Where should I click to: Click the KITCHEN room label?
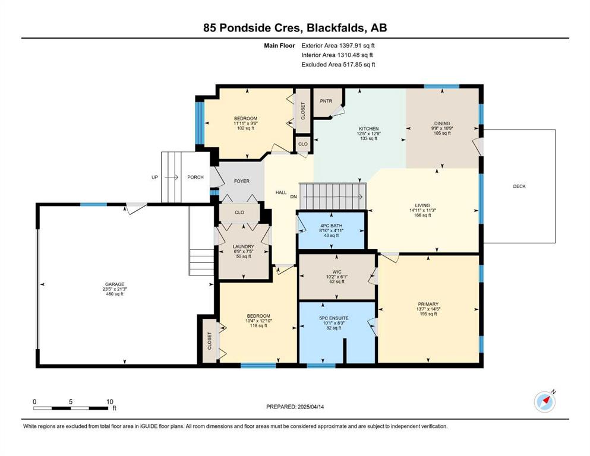coord(368,129)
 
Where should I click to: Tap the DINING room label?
coord(441,123)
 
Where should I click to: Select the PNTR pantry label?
coord(326,101)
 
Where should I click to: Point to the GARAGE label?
coord(115,284)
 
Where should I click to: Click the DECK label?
coord(519,186)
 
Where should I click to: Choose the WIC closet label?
coord(337,272)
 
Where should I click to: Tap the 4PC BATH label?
coord(331,226)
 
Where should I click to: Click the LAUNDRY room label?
coord(244,246)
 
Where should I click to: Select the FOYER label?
coord(242,181)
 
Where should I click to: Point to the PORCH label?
coord(195,177)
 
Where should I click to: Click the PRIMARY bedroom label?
coord(428,304)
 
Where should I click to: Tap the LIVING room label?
coord(422,205)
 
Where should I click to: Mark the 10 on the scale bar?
coord(109,401)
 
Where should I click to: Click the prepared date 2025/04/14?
coord(311,407)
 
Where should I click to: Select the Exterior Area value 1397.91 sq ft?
coord(357,46)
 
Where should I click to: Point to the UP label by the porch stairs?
coord(154,177)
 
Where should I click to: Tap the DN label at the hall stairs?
coord(294,197)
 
